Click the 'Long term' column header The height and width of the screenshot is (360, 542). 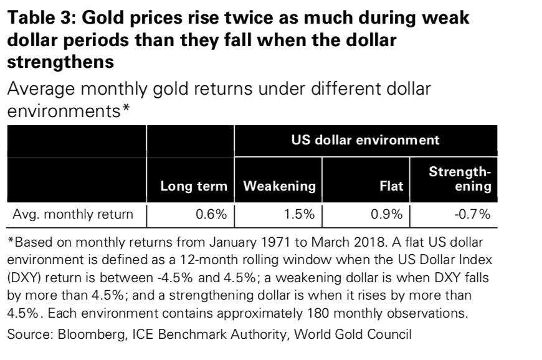(x=194, y=186)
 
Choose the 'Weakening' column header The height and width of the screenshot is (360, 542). (x=279, y=186)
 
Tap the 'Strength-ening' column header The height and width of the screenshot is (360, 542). (x=460, y=179)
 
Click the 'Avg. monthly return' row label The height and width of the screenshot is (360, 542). (x=74, y=216)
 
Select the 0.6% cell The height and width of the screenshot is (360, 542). (x=211, y=216)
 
